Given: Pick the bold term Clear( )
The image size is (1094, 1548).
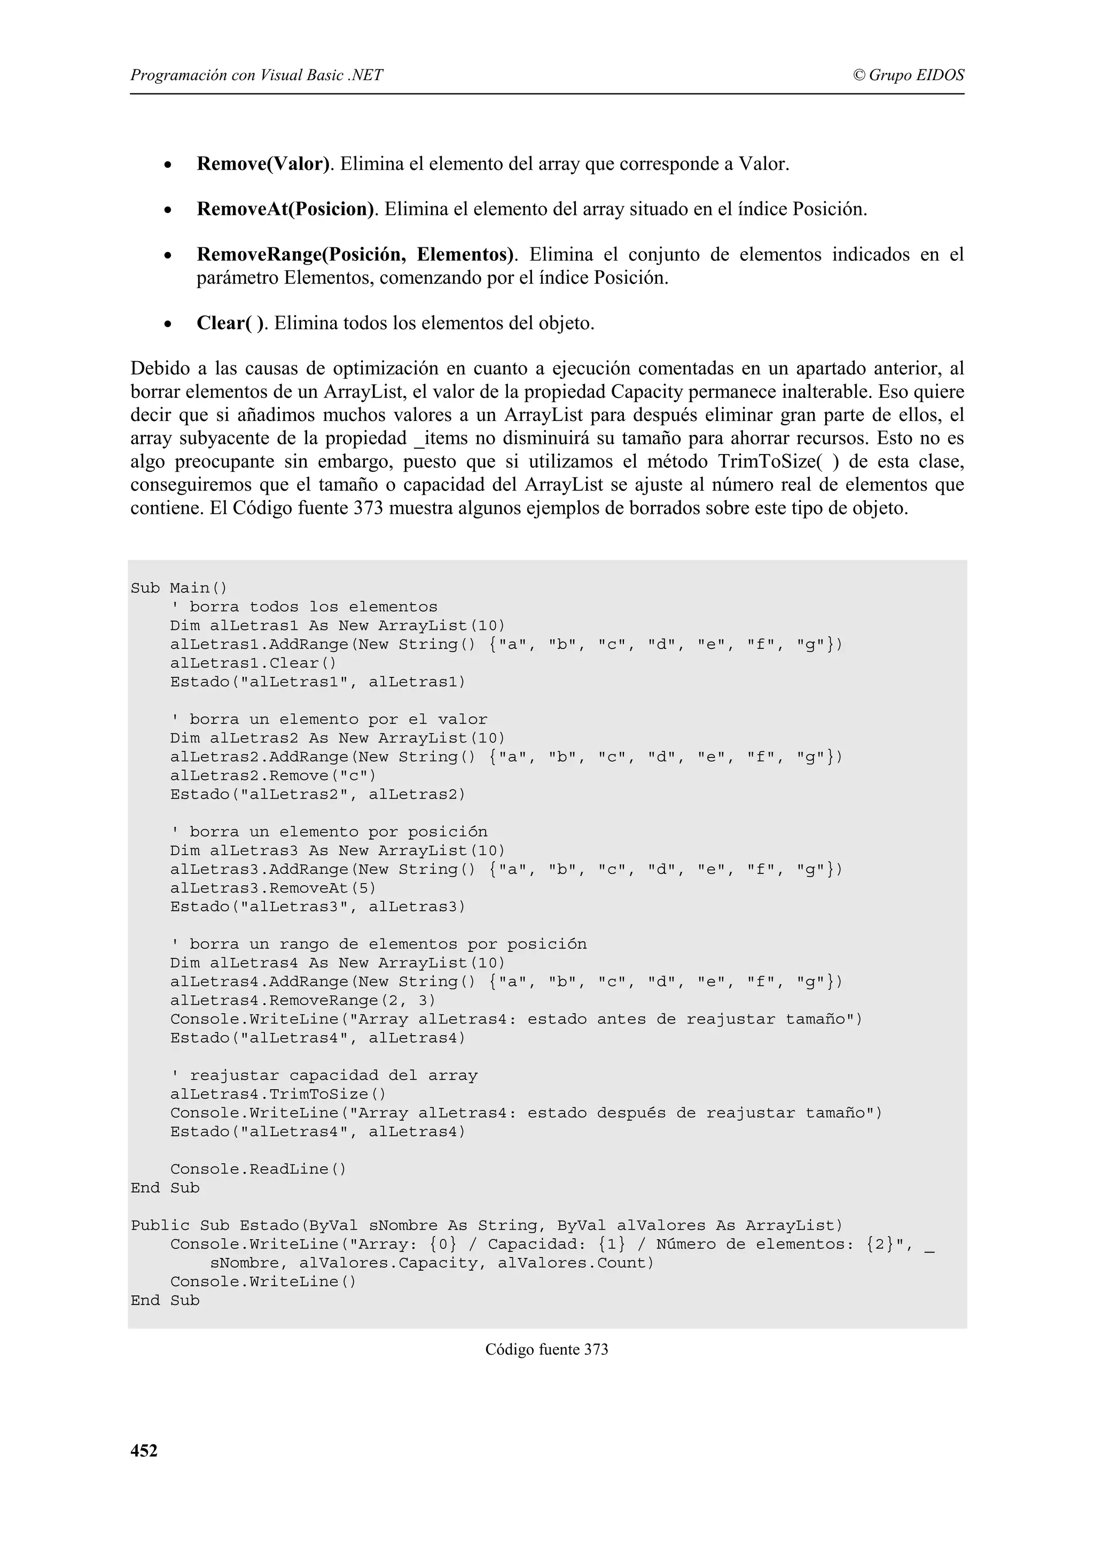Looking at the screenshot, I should point(231,323).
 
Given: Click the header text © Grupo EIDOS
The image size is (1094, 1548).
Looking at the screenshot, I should point(908,75).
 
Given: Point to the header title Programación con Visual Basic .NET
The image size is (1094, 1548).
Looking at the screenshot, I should point(256,75).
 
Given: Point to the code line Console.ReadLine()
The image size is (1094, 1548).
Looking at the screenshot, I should point(258,1169).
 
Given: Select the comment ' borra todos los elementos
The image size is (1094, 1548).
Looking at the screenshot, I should point(303,607).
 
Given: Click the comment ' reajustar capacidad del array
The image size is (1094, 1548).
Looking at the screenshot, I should point(324,1075).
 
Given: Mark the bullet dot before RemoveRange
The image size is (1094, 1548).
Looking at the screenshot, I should point(168,256).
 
